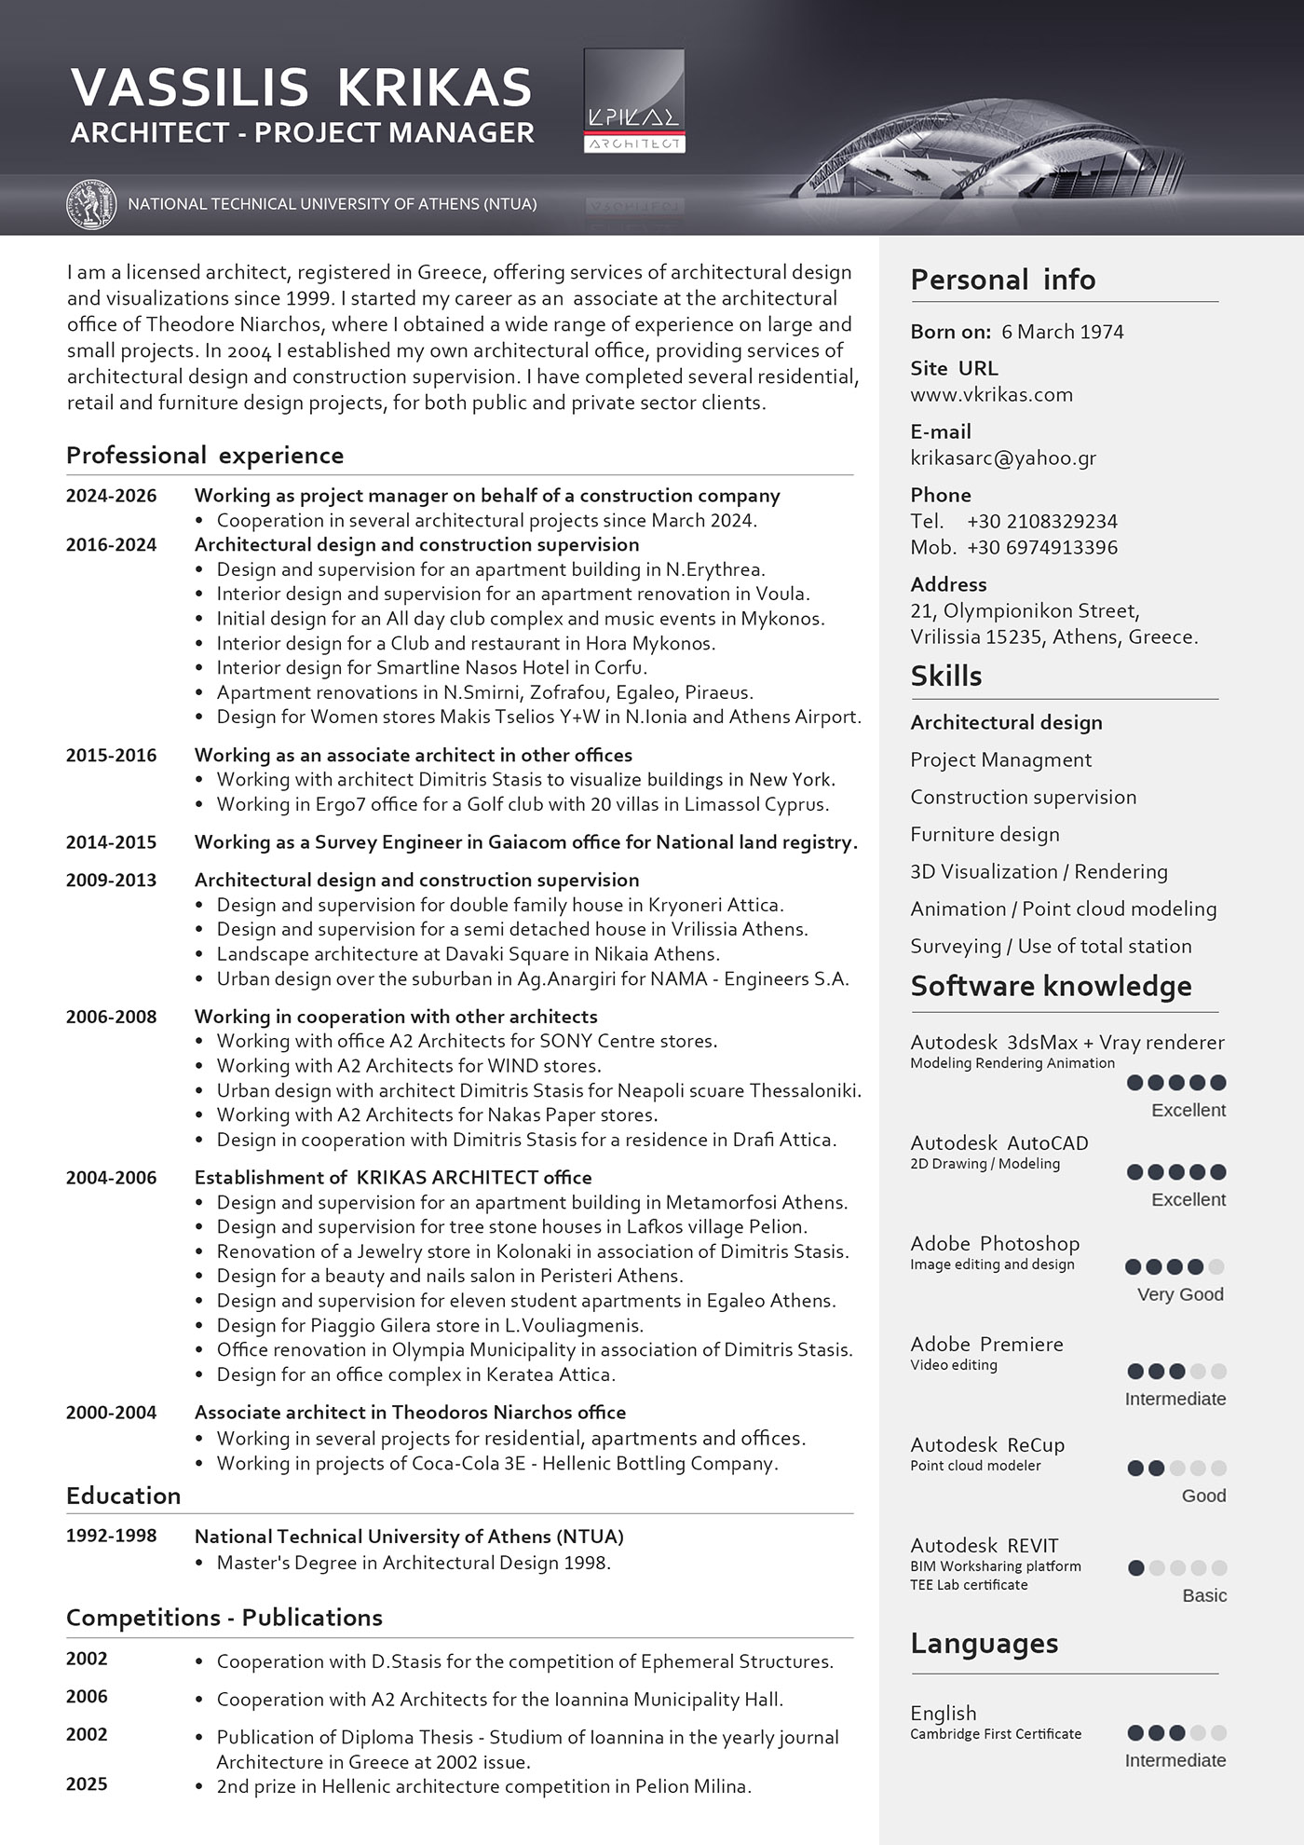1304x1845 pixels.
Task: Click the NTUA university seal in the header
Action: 91,204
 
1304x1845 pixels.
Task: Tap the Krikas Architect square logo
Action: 634,101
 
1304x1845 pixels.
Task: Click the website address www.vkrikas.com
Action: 991,394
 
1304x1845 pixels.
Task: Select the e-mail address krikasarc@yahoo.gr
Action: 1003,458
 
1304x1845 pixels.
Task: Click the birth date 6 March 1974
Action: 1062,332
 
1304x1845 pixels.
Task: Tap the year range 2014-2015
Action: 111,842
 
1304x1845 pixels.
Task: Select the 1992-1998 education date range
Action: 111,1536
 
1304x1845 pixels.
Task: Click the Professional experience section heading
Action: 205,456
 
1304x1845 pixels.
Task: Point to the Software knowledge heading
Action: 1051,986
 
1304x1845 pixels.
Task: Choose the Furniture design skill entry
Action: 985,834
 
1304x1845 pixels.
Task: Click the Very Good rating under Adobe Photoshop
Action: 1179,1294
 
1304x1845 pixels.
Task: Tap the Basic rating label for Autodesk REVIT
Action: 1203,1595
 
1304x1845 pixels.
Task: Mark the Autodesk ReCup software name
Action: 987,1444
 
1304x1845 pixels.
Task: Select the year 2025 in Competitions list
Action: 87,1783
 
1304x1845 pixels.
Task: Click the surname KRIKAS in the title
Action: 434,88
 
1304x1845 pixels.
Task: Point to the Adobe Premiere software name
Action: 986,1344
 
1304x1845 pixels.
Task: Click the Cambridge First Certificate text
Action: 996,1734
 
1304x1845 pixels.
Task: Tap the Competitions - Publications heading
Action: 224,1617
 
